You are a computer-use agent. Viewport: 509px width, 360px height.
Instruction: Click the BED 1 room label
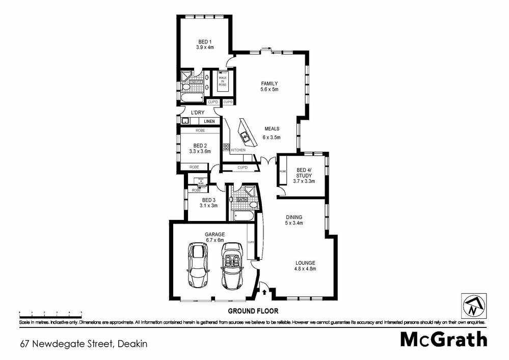coord(205,44)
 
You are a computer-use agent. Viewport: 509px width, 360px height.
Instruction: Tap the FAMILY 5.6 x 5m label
coord(270,86)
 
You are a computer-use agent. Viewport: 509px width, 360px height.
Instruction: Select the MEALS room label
coord(272,133)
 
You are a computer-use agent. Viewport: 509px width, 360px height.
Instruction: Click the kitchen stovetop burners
coord(226,148)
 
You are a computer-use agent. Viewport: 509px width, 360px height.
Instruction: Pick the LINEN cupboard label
coord(209,122)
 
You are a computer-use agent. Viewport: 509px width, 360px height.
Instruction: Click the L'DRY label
coord(198,113)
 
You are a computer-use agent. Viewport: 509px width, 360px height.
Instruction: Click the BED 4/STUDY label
coord(304,175)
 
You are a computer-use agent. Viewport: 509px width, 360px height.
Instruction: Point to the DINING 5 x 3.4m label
coord(293,219)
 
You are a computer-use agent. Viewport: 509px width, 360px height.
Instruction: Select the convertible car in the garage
coord(234,265)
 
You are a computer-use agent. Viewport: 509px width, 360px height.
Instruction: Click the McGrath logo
coord(443,340)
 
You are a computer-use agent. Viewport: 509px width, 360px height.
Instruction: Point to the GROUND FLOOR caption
coord(253,311)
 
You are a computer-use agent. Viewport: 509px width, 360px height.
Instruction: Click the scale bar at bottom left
coord(50,312)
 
